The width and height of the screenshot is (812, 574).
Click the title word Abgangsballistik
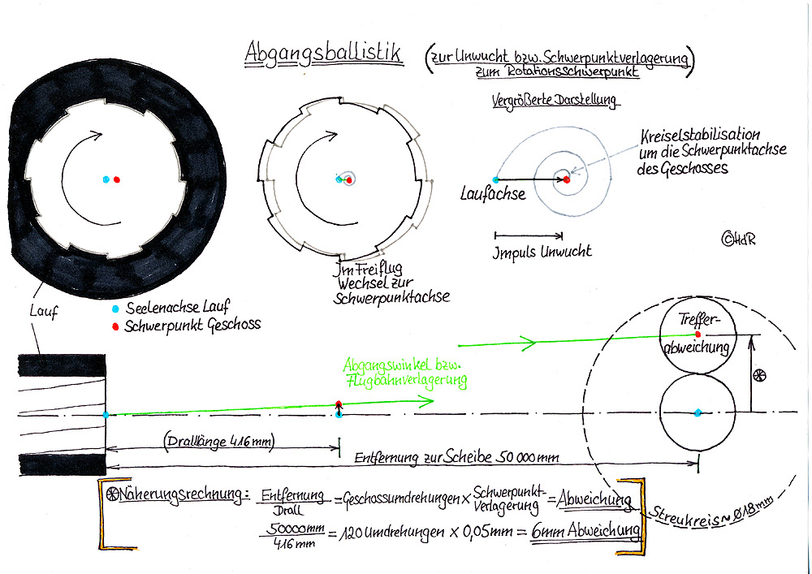point(323,54)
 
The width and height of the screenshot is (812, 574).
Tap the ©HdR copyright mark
point(738,239)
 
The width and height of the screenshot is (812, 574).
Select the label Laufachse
point(493,194)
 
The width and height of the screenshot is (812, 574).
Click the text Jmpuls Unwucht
point(542,252)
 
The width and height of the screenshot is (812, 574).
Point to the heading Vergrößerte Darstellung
point(555,99)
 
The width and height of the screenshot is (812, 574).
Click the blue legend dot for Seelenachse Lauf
point(115,309)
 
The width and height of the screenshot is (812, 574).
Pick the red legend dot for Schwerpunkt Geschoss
point(115,326)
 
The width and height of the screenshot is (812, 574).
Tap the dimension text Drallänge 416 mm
point(219,442)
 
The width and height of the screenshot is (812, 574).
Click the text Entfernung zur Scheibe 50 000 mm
point(456,458)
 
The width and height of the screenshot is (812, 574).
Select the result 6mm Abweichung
point(585,530)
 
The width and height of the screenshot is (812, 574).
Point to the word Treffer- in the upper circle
point(698,321)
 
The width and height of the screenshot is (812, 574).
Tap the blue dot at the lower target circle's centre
point(698,412)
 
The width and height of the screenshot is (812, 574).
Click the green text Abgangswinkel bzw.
point(403,365)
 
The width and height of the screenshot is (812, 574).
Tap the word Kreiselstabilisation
point(700,136)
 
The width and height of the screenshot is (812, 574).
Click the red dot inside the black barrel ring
point(117,179)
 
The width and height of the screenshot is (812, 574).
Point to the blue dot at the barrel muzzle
point(106,415)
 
